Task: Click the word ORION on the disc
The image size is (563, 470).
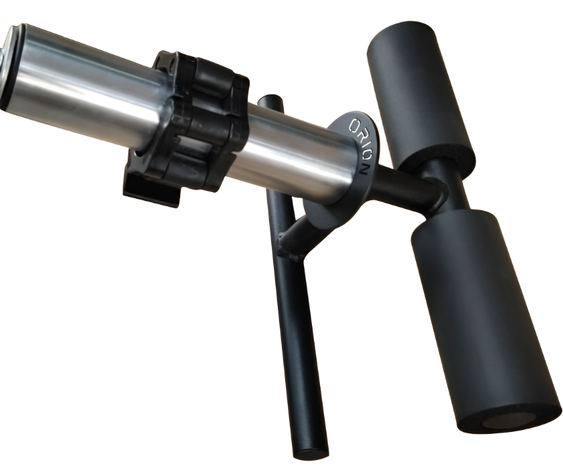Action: pyautogui.click(x=361, y=143)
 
